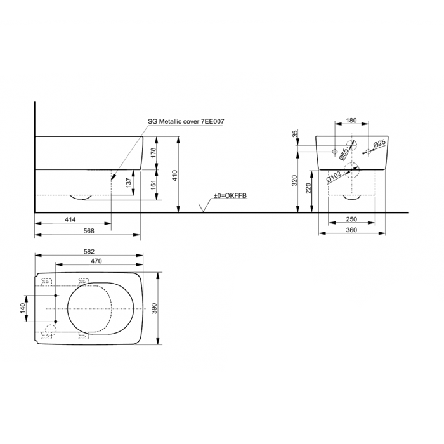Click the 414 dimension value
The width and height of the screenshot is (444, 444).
[70, 219]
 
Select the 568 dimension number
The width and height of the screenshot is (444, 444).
[89, 231]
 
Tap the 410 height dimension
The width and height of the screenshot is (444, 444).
[174, 175]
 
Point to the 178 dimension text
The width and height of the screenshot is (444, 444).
[153, 153]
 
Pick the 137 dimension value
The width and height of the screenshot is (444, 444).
[129, 183]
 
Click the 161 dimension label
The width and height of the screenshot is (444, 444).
[153, 185]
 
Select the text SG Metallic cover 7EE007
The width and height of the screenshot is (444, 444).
[186, 122]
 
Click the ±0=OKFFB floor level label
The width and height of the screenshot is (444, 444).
[230, 195]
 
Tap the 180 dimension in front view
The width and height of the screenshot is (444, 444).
[351, 121]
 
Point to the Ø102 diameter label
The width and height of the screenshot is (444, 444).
[334, 177]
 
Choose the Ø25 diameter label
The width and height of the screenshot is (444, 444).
[380, 144]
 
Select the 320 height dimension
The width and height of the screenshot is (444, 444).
[295, 181]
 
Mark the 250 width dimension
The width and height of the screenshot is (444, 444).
[351, 219]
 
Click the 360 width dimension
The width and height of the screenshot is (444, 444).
[351, 230]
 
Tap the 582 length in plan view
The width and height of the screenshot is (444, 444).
[89, 251]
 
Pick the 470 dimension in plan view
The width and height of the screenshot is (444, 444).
[96, 261]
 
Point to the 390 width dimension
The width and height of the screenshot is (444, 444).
[154, 309]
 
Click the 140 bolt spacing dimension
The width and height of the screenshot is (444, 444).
[23, 309]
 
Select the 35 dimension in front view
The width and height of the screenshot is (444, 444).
[296, 133]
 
